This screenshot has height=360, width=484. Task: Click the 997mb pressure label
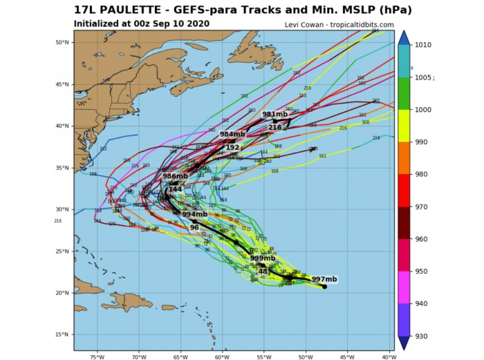324,279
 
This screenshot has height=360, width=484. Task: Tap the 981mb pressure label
274,114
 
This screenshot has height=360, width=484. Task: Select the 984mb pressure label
232,134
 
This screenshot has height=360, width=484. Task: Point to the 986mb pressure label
176,177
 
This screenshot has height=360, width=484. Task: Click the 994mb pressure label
194,214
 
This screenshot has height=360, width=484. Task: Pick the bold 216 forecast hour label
274,127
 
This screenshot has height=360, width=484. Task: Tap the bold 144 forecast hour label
175,189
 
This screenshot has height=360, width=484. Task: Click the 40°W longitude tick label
389,357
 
